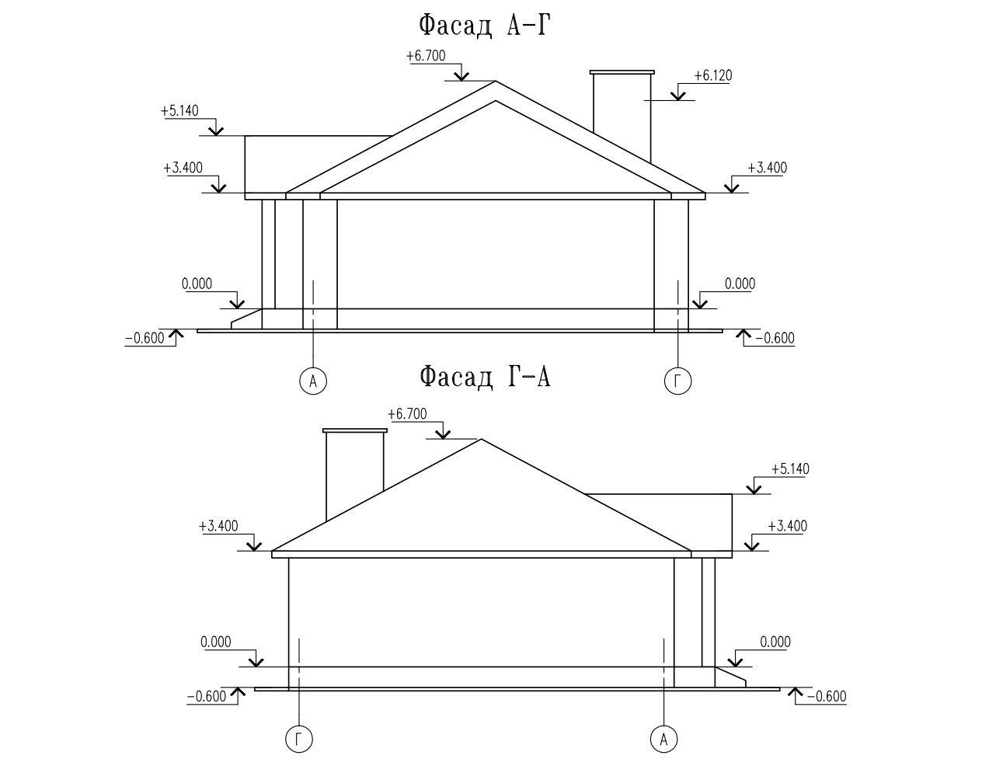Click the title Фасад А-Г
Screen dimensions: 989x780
pos(484,26)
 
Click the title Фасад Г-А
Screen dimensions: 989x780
pos(485,377)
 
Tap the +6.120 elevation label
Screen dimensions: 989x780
pos(712,75)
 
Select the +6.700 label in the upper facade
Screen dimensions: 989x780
pos(426,56)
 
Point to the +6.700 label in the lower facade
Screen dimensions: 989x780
pos(407,414)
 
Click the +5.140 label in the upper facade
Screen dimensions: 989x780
pos(179,111)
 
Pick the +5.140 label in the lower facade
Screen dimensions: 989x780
pos(790,468)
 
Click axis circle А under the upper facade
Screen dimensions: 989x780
pos(313,381)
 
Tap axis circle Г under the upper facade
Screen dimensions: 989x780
pos(678,381)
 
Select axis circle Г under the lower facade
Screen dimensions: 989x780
pos(299,739)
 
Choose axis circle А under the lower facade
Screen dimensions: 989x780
pos(664,739)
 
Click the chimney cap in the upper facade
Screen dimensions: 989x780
pos(622,72)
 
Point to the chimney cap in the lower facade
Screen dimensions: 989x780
pos(355,430)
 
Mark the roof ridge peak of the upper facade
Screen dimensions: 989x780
pos(495,82)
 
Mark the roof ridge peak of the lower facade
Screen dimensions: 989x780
pos(481,440)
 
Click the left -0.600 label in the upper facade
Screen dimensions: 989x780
pos(145,338)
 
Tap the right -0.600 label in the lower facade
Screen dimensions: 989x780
pos(827,697)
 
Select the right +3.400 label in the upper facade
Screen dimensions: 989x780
pos(768,168)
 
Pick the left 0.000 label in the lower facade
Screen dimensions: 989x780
pos(215,642)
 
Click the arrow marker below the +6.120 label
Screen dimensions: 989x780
pos(678,96)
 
